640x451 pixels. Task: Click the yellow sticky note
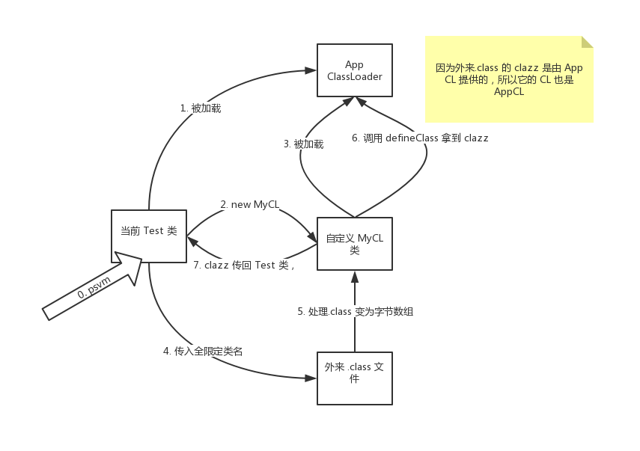509,79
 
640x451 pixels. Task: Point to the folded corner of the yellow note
588,42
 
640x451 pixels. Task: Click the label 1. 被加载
201,108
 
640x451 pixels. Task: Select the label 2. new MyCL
249,204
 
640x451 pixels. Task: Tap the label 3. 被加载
304,144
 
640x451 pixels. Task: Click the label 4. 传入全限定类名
203,351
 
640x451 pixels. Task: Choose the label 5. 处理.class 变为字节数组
355,312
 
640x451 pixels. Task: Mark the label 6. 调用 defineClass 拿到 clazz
420,138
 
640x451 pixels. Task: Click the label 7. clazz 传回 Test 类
244,265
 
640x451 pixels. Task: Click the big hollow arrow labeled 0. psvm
92,286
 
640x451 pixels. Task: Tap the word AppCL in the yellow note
509,91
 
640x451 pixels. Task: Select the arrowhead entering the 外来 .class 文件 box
311,378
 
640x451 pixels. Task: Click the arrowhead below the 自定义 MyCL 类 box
355,277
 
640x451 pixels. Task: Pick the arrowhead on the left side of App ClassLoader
311,70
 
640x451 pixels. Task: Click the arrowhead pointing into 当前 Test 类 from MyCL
192,242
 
